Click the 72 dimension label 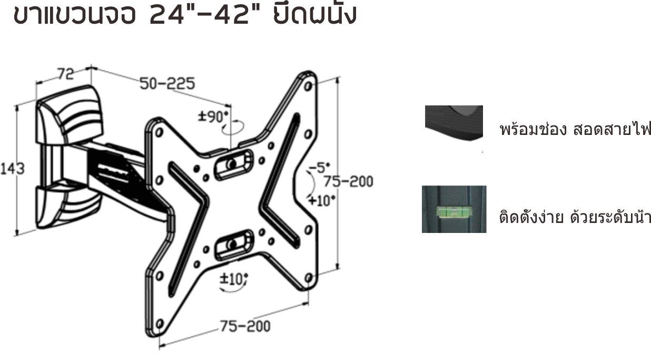[66, 74]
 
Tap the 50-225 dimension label [167, 83]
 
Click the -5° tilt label [319, 168]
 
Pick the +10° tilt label [322, 200]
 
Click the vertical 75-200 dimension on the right [348, 182]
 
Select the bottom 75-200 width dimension [245, 326]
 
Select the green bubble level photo [453, 209]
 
